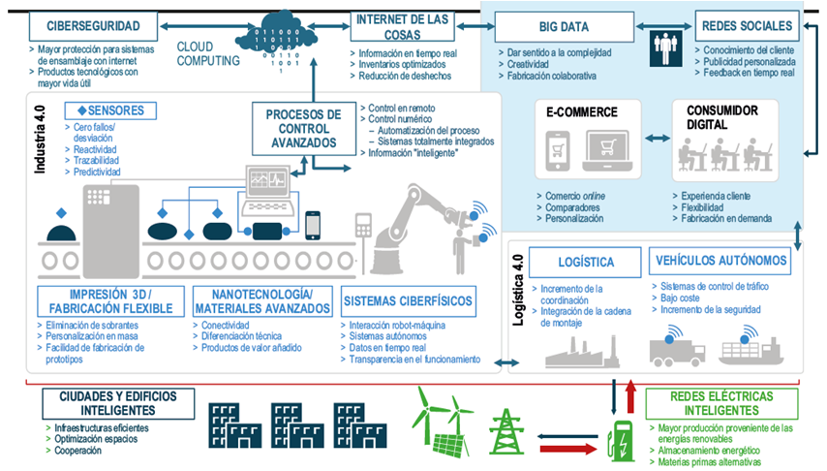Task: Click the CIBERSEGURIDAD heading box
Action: (x=94, y=25)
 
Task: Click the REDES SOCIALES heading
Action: (x=746, y=25)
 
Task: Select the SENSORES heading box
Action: (x=108, y=110)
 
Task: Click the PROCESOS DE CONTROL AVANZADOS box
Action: (x=304, y=129)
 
